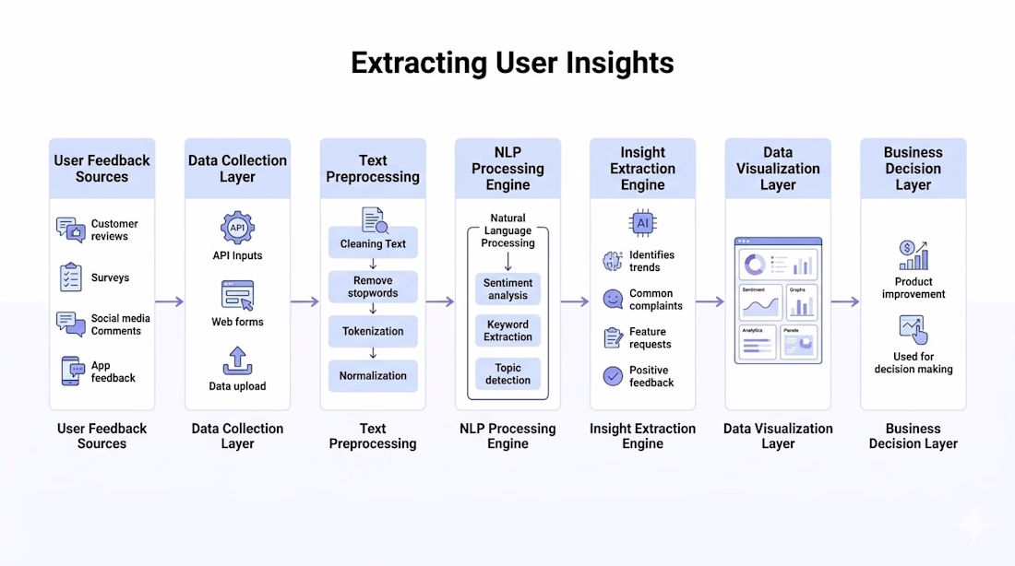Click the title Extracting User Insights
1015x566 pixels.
[512, 63]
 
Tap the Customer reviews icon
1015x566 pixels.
[70, 230]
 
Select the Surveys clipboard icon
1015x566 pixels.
[70, 277]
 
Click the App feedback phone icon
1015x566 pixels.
[70, 371]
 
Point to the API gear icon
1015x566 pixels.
[237, 227]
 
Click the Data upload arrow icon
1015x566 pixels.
[237, 360]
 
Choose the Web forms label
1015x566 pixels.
[237, 322]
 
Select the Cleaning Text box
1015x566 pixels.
[373, 243]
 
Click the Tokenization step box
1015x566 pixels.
[373, 331]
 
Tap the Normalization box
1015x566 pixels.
[373, 375]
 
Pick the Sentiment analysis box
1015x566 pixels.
[507, 289]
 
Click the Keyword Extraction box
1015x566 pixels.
[507, 330]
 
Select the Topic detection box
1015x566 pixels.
[507, 373]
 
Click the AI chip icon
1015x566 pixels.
[642, 223]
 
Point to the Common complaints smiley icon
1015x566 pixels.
[613, 299]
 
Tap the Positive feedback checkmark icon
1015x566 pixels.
[613, 375]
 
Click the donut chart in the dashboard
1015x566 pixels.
[755, 265]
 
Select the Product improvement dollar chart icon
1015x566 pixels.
[913, 255]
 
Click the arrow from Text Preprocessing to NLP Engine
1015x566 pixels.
[440, 301]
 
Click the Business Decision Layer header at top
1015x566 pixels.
[913, 168]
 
